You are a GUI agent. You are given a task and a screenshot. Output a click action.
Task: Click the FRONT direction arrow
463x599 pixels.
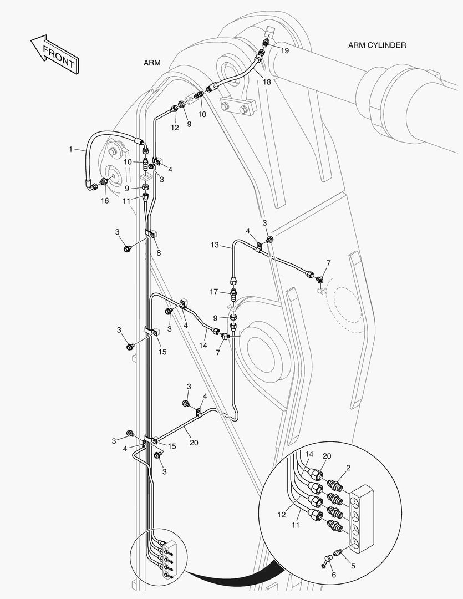point(55,54)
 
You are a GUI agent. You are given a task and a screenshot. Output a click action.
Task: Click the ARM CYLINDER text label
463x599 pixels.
point(377,45)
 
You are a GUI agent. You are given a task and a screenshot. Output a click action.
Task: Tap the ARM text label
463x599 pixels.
point(152,63)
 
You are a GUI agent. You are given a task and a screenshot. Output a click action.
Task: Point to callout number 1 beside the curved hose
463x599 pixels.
point(70,149)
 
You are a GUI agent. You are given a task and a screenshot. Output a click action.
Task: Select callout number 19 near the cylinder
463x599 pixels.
point(284,50)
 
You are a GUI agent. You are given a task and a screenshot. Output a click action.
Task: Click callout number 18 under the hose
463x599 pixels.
point(267,82)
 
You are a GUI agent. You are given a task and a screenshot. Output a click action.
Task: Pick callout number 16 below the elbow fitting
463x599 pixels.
point(104,201)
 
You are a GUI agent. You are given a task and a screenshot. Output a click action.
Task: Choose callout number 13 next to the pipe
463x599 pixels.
point(215,245)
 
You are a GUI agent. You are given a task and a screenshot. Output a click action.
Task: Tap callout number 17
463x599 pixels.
point(214,292)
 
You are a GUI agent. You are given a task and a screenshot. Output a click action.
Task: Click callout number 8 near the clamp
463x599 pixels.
point(159,253)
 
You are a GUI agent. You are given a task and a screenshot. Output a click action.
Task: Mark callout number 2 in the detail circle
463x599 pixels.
point(348,468)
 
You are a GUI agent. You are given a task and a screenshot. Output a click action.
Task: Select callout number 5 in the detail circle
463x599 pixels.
point(353,566)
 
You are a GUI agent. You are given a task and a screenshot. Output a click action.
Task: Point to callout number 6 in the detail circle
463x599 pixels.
point(334,575)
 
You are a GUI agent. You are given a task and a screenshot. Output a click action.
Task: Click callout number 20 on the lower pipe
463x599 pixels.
point(194,443)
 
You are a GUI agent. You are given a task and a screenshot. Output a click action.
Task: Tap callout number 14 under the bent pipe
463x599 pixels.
point(203,346)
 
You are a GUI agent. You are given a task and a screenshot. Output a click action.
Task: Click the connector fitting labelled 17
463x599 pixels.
point(233,295)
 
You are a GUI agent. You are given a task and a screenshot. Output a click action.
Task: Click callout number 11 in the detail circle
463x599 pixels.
point(296,525)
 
